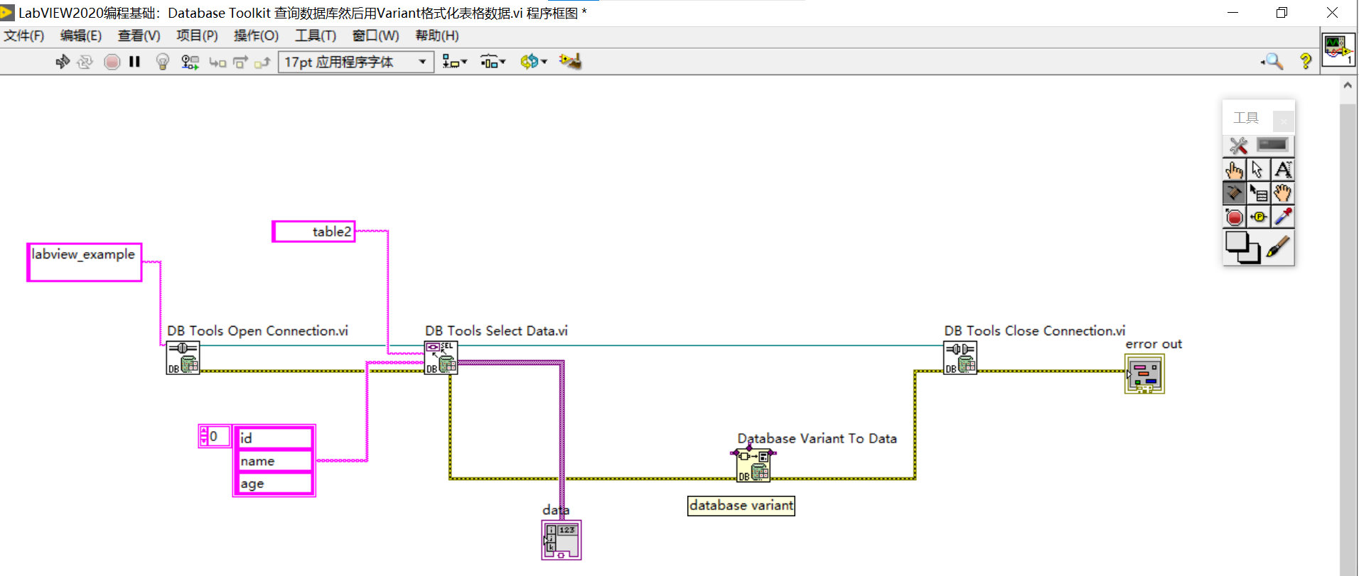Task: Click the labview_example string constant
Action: click(x=84, y=262)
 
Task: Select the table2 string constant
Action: click(x=313, y=232)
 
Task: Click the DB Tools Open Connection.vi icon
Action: click(x=183, y=358)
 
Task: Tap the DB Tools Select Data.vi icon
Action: click(x=441, y=358)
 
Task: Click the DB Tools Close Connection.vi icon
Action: click(x=960, y=358)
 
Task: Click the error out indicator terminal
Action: click(x=1144, y=374)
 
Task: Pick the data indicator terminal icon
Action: click(x=561, y=540)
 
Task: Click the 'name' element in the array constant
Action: click(x=274, y=461)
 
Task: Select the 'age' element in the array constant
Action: click(x=274, y=484)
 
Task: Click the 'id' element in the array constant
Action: click(x=274, y=438)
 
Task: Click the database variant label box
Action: click(x=741, y=506)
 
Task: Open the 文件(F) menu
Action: click(x=23, y=36)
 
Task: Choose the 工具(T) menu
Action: click(x=315, y=36)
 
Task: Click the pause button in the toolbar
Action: click(x=134, y=62)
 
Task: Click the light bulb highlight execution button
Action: click(x=162, y=62)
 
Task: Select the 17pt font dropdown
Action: click(x=355, y=62)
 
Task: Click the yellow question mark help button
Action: click(x=1305, y=62)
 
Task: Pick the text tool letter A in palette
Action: click(x=1282, y=170)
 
